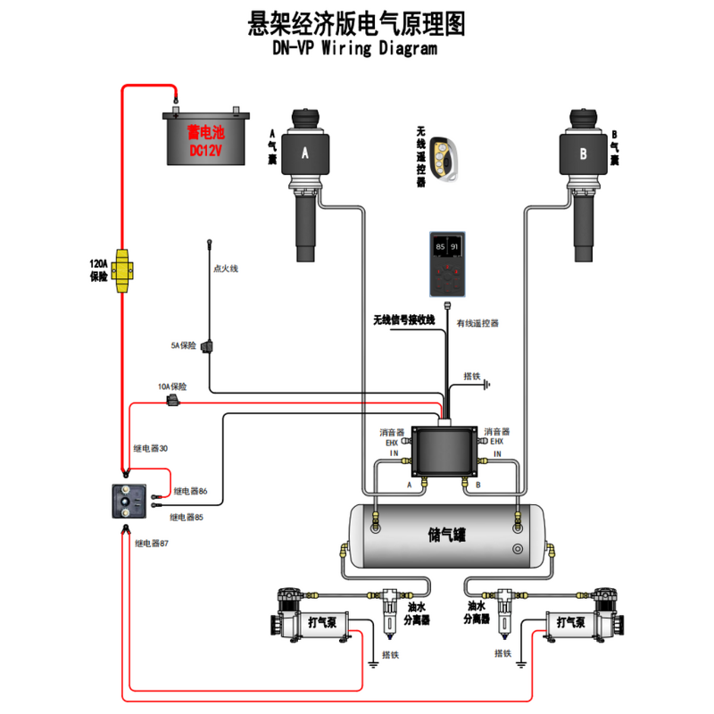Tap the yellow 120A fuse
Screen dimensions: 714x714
tap(123, 265)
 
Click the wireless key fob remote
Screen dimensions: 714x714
tap(443, 159)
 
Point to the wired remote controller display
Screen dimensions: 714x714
tap(446, 265)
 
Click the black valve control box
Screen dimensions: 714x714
tap(444, 451)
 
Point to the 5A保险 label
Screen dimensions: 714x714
tap(183, 345)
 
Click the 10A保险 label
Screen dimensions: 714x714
tap(172, 387)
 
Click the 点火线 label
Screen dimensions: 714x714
tap(226, 268)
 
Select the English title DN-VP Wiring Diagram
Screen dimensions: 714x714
tap(355, 49)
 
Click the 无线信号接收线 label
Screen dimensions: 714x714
tap(403, 319)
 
